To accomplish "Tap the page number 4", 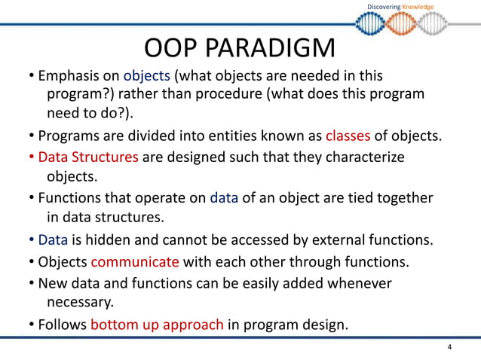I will pos(449,347).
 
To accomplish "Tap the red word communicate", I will pos(135,262).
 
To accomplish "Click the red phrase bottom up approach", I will pos(157,325).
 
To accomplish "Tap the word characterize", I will pos(360,157).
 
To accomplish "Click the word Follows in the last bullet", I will pos(63,325).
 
